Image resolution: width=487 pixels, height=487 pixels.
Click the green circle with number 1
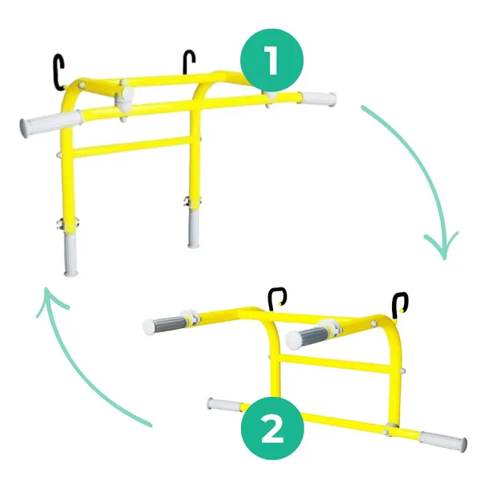coord(271,60)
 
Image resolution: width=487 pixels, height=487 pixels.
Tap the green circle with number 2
coord(272,429)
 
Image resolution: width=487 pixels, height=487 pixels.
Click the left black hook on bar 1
coord(58,73)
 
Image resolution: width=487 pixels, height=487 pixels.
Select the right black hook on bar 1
coord(189,62)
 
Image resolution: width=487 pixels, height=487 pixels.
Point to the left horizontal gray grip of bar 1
coord(50,124)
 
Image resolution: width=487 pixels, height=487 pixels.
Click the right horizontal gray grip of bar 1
coord(318,99)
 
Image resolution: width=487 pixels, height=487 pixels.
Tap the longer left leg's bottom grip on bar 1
coord(70,255)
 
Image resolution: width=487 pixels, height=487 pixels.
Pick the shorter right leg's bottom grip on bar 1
coord(193,229)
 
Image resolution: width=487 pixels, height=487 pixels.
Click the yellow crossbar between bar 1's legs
coord(131,147)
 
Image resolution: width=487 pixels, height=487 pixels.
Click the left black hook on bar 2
coord(277,299)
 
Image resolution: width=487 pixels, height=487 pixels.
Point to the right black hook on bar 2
coord(400,305)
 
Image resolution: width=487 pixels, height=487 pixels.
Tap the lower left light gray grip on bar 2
coord(224,405)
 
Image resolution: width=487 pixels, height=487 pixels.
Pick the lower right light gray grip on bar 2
coord(443,441)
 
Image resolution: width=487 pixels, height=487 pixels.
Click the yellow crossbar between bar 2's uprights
coord(335,363)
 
